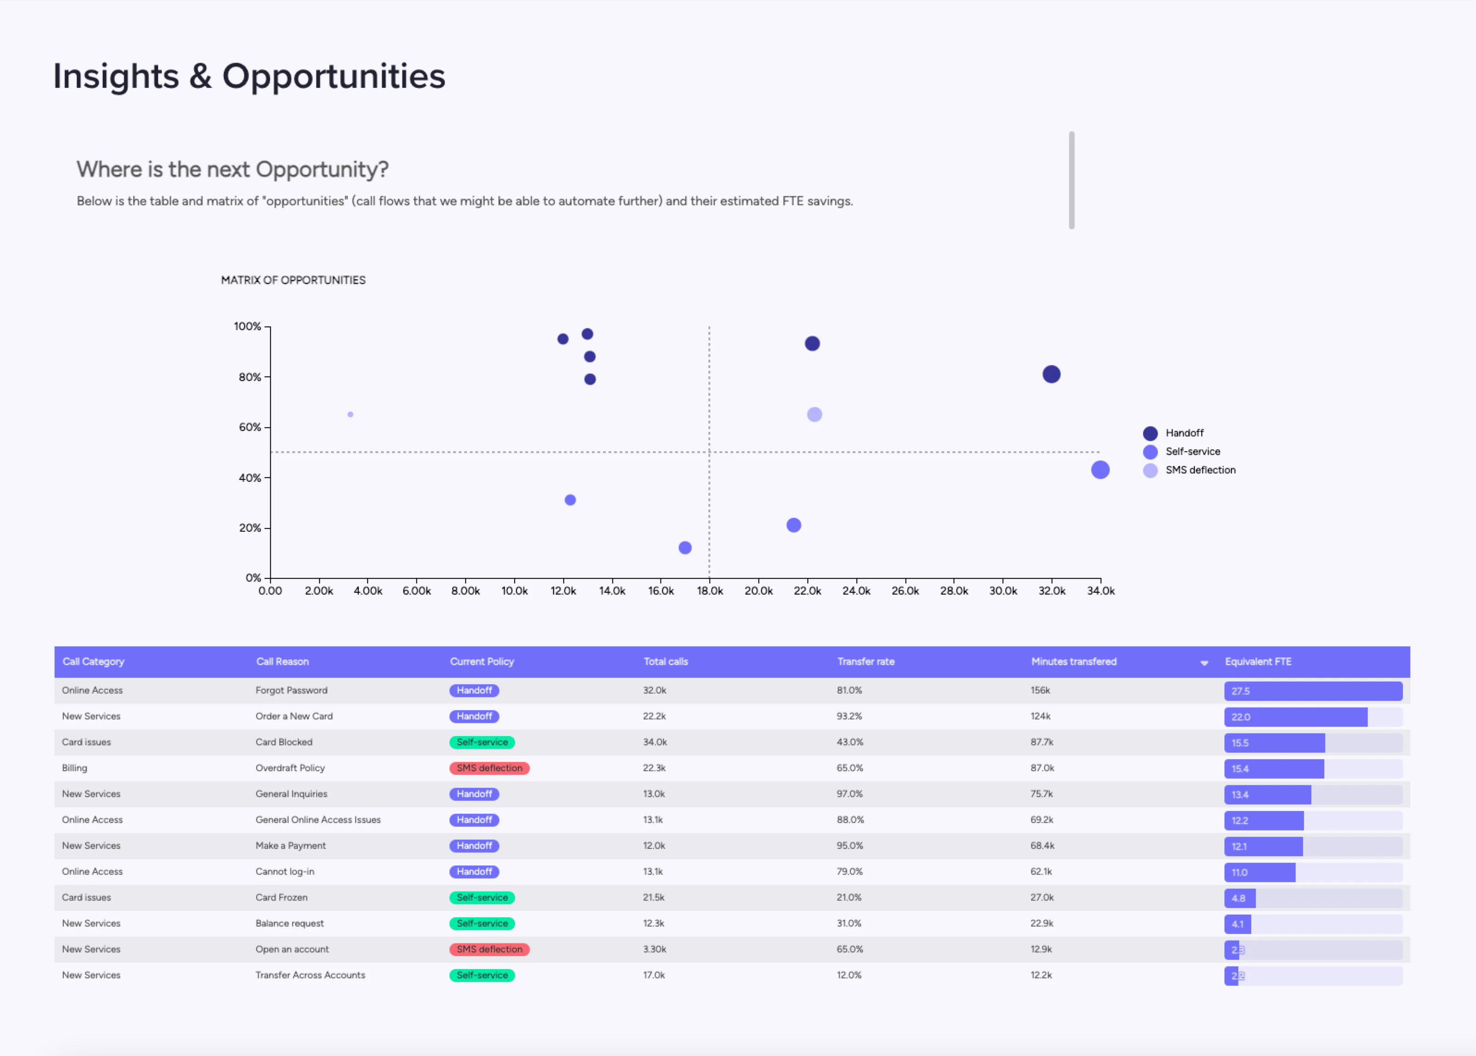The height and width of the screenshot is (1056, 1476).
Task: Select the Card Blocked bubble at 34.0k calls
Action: [1100, 469]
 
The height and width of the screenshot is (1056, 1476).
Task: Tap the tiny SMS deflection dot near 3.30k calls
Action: [351, 414]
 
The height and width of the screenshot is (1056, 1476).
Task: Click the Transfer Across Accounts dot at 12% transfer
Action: [685, 547]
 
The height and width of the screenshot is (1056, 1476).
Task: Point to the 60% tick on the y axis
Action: [250, 427]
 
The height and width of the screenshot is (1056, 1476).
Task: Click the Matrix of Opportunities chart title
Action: [293, 280]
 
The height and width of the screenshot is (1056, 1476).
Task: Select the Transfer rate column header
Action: [866, 661]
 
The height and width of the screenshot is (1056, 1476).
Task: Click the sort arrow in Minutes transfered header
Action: [1204, 663]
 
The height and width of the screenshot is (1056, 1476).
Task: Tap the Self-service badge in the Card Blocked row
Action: [482, 742]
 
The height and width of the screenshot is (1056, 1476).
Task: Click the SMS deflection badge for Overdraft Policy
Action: [489, 768]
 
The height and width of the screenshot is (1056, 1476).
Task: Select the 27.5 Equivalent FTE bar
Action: [1312, 691]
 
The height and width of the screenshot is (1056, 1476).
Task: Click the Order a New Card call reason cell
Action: [294, 716]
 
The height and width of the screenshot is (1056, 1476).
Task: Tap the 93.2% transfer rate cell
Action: [849, 716]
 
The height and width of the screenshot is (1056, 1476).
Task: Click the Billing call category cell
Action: [75, 768]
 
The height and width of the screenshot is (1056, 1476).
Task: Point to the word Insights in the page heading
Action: [116, 76]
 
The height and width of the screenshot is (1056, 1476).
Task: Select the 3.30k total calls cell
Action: [655, 949]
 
